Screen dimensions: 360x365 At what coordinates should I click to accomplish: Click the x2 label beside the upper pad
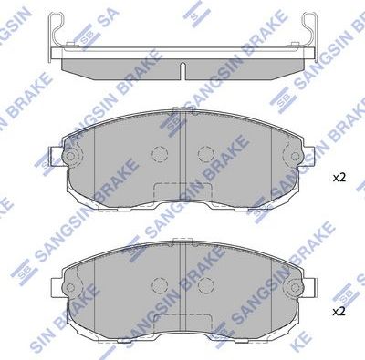coord(339,177)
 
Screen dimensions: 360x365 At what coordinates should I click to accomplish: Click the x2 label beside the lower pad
coord(339,310)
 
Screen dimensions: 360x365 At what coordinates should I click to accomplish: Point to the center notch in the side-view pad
coord(182,69)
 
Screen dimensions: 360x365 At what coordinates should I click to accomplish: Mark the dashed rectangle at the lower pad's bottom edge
coord(182,327)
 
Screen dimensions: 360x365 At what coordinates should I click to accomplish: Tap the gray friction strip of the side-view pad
coord(182,57)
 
